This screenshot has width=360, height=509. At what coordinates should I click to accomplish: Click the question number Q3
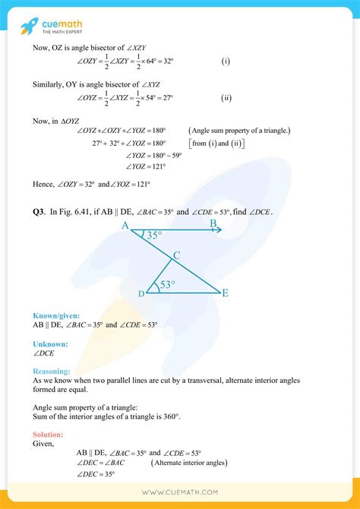39,211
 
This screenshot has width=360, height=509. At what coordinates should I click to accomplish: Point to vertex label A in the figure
125,225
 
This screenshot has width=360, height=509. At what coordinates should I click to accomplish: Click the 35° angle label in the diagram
154,236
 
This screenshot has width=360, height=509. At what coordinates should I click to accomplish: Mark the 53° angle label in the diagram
166,285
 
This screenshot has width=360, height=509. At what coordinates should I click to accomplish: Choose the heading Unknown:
50,344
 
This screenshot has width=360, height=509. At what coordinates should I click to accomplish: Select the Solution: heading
48,434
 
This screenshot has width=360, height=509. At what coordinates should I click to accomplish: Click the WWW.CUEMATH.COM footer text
180,492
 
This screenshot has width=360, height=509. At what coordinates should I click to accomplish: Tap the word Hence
45,185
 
